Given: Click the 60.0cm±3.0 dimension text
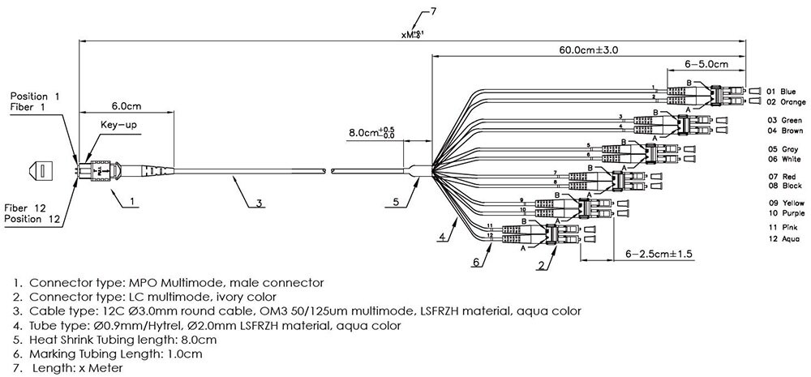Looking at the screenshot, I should pos(588,49).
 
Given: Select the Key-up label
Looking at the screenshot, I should pos(117,126).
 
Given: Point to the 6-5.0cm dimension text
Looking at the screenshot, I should pos(706,62).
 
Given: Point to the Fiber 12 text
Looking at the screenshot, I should pos(28,208).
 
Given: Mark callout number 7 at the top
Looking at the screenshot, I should pos(433,11).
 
